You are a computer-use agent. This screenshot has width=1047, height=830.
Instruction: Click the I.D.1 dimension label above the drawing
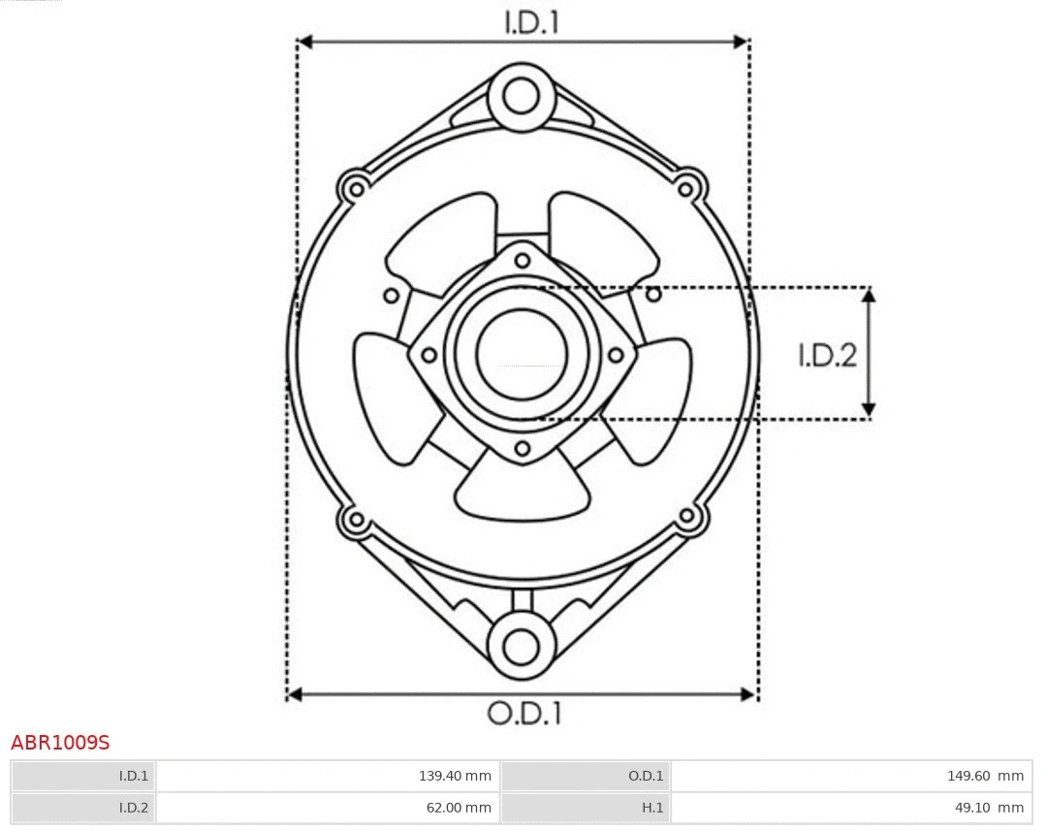coord(531,22)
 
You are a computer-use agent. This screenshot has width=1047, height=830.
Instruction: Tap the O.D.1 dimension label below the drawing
coord(523,714)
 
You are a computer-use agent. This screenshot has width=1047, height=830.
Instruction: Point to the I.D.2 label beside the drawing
coord(827,356)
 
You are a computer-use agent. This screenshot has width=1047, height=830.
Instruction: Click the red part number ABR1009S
coord(60,743)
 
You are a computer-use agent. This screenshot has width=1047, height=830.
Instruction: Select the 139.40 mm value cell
coord(328,776)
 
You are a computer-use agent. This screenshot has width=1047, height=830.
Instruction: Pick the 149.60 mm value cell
coord(850,776)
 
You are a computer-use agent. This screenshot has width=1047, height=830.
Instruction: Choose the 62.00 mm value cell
coord(328,807)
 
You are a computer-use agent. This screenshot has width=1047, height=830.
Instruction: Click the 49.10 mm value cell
coord(850,807)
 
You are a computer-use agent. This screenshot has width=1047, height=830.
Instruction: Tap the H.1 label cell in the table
coord(586,807)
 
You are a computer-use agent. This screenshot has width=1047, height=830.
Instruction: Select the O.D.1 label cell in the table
coord(586,776)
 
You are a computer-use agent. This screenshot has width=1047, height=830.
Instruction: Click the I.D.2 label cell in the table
coord(83,807)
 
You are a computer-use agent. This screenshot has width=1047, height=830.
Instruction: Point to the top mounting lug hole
coord(522,97)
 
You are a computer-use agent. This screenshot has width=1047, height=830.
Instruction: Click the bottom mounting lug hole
coord(522,645)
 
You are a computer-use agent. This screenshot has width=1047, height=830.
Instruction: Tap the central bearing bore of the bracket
coord(522,354)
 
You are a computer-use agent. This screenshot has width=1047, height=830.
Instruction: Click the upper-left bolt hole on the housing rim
coord(356,187)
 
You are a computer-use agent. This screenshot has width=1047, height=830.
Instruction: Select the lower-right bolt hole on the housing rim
coord(687,517)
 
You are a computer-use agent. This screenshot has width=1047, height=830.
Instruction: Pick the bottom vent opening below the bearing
coord(523,491)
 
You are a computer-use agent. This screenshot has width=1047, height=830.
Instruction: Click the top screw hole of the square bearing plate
coord(523,259)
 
